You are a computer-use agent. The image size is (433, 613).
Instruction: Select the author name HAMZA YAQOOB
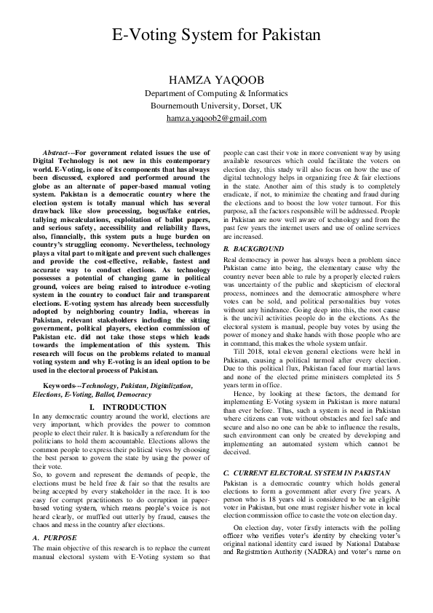point(216,79)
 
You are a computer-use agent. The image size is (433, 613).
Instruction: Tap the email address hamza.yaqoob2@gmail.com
point(216,118)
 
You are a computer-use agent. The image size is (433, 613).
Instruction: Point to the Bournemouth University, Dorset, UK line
point(216,106)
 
